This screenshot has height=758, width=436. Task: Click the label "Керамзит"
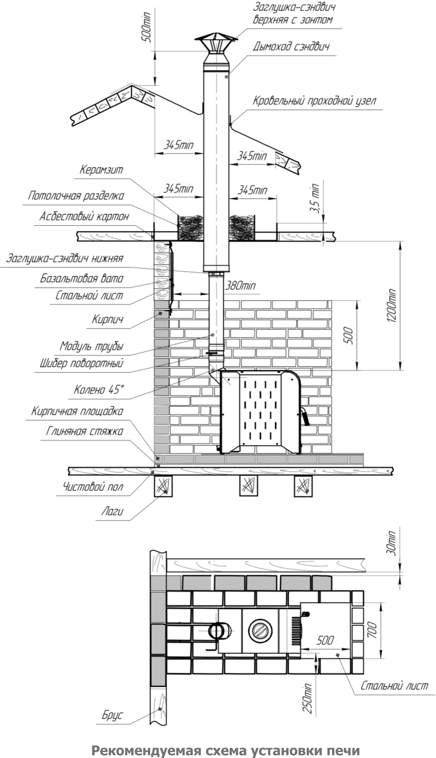click(x=101, y=170)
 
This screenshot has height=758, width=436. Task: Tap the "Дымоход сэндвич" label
click(x=291, y=47)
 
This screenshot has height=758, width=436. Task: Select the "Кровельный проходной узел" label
click(x=314, y=101)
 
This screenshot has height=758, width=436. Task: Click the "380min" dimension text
click(x=240, y=286)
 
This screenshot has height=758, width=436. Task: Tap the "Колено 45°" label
click(x=99, y=390)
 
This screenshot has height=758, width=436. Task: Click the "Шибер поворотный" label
click(x=82, y=363)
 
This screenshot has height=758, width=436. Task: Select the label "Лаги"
click(x=112, y=511)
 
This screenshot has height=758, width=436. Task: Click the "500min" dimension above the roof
click(x=147, y=27)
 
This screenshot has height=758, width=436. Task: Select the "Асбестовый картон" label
click(x=84, y=216)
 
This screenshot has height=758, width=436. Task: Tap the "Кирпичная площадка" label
click(x=77, y=411)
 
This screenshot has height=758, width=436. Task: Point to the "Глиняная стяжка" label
click(x=84, y=431)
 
